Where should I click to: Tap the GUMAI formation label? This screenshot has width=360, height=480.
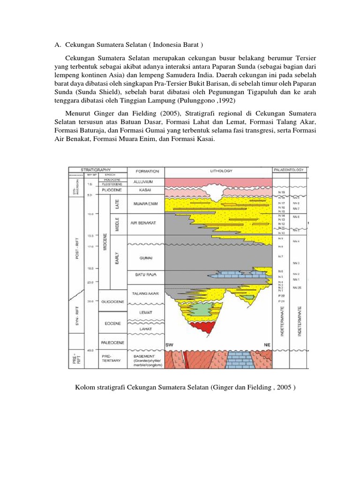144,258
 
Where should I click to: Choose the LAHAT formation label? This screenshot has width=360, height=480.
144,330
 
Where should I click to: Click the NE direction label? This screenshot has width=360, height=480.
267,345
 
